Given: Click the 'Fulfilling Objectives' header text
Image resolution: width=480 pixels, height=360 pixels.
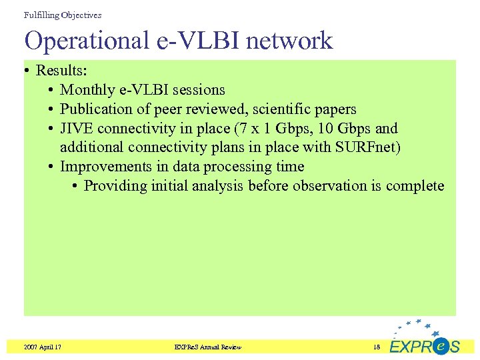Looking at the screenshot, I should [63, 15].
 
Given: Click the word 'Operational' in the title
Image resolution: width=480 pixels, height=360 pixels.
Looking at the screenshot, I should [87, 41].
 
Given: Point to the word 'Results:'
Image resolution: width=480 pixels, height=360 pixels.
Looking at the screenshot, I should [61, 71].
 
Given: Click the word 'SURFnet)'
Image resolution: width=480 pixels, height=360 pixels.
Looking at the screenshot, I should [367, 147].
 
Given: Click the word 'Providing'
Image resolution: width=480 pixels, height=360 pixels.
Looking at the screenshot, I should [115, 186].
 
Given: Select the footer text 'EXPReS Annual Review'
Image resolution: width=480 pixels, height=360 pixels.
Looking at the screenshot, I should [207, 347].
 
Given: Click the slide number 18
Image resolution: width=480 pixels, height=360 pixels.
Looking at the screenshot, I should [376, 347].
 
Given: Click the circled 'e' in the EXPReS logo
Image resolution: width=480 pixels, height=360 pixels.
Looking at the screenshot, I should [439, 346].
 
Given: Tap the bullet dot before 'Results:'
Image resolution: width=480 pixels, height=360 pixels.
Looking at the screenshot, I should [28, 71].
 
